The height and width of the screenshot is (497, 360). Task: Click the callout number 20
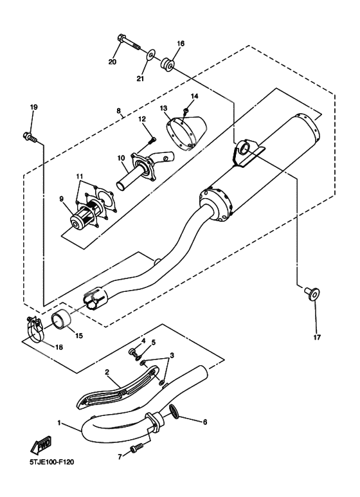pos(113,62)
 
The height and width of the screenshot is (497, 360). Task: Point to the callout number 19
pos(33,107)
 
